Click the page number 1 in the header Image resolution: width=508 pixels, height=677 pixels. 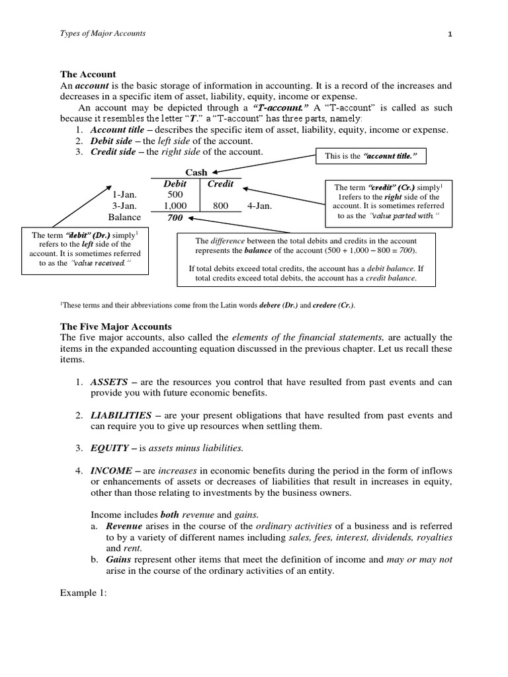449,34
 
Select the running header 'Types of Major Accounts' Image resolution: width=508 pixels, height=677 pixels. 103,34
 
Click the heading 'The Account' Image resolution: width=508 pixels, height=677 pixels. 88,75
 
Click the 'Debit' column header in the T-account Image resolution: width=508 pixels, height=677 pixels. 175,183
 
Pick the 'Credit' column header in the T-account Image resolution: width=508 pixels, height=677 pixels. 220,183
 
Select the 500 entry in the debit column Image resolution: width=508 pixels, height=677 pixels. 175,194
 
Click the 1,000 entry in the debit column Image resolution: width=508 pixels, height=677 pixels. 175,206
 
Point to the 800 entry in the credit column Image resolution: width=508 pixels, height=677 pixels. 220,206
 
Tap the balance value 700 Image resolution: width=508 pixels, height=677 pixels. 175,217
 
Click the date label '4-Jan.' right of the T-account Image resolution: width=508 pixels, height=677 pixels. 259,206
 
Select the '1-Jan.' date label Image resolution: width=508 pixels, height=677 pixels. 124,194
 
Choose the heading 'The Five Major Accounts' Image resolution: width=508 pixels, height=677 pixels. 116,327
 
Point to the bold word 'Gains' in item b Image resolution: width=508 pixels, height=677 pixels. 118,559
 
